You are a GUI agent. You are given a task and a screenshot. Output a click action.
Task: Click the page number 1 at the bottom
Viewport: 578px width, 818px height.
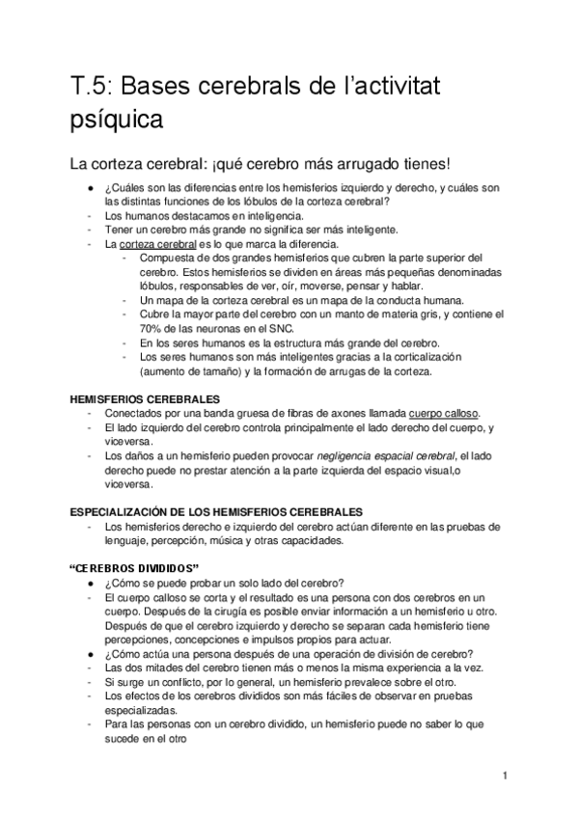pyautogui.click(x=504, y=776)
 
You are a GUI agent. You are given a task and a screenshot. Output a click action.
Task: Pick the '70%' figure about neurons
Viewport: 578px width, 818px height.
pyautogui.click(x=152, y=328)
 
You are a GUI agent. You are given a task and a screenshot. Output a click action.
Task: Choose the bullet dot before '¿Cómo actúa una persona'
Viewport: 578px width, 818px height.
pyautogui.click(x=88, y=651)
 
